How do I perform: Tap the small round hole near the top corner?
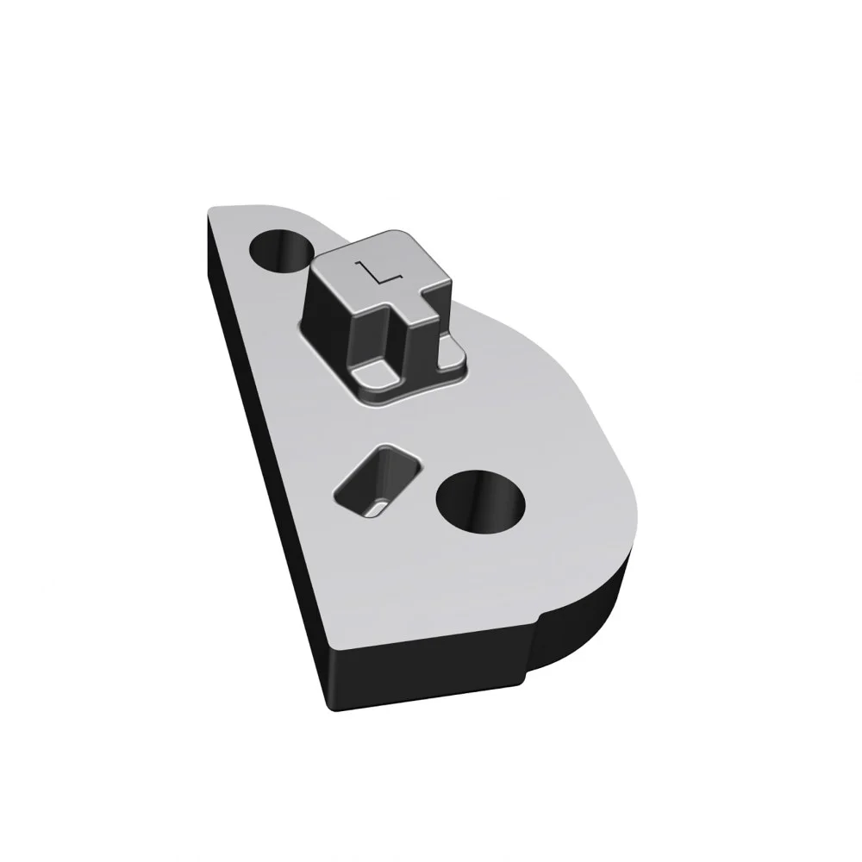pyautogui.click(x=282, y=250)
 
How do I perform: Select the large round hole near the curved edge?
pyautogui.click(x=480, y=503)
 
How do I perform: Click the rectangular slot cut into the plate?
pyautogui.click(x=378, y=480)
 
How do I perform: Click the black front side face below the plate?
pyautogui.click(x=428, y=676)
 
